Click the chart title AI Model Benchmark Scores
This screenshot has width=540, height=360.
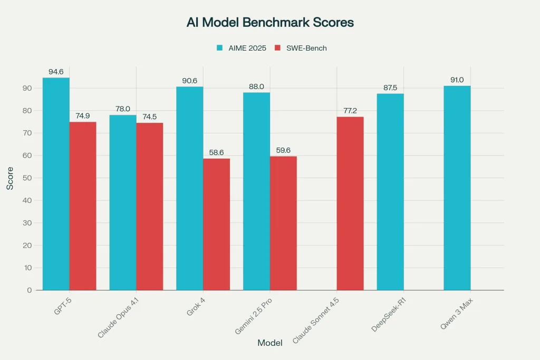click(270, 23)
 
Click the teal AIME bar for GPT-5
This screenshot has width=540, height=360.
click(56, 184)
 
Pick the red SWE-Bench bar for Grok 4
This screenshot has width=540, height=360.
click(216, 224)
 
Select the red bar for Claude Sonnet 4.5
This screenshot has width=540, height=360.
click(350, 203)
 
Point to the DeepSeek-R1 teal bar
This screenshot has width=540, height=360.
click(390, 192)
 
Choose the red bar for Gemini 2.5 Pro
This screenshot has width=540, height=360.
click(283, 223)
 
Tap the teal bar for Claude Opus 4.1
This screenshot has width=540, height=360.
click(123, 202)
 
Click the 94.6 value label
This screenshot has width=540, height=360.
click(56, 71)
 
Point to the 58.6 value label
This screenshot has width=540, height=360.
click(216, 152)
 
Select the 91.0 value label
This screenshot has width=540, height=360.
click(457, 79)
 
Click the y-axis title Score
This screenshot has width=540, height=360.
click(10, 178)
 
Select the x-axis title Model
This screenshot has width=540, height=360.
click(270, 343)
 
